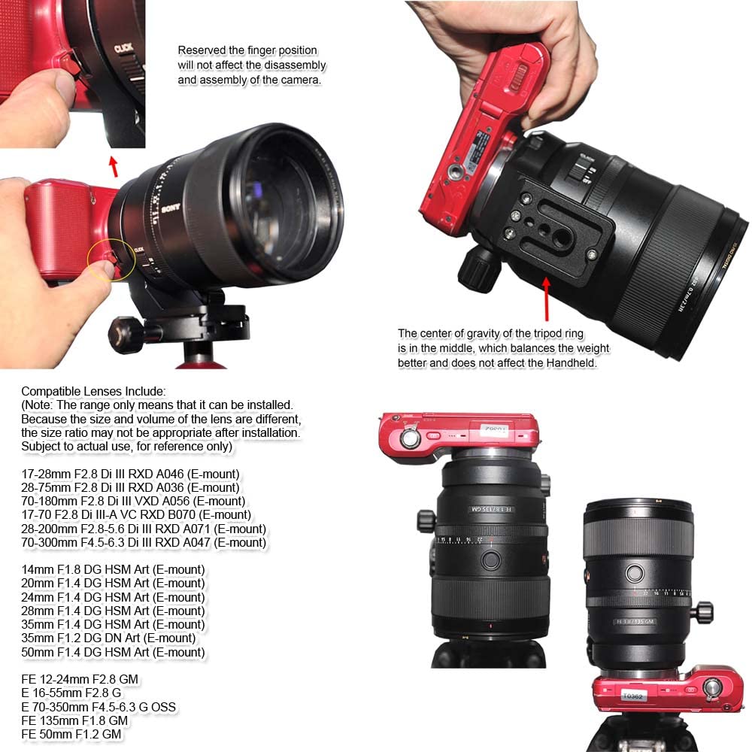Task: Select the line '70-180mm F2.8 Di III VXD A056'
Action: point(132,502)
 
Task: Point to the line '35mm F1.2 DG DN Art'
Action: point(109,638)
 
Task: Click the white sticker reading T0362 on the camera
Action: point(636,696)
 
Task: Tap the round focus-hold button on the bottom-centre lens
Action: point(490,559)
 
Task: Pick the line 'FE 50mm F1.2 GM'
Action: point(71,734)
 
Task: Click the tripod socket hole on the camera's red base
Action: point(456,172)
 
